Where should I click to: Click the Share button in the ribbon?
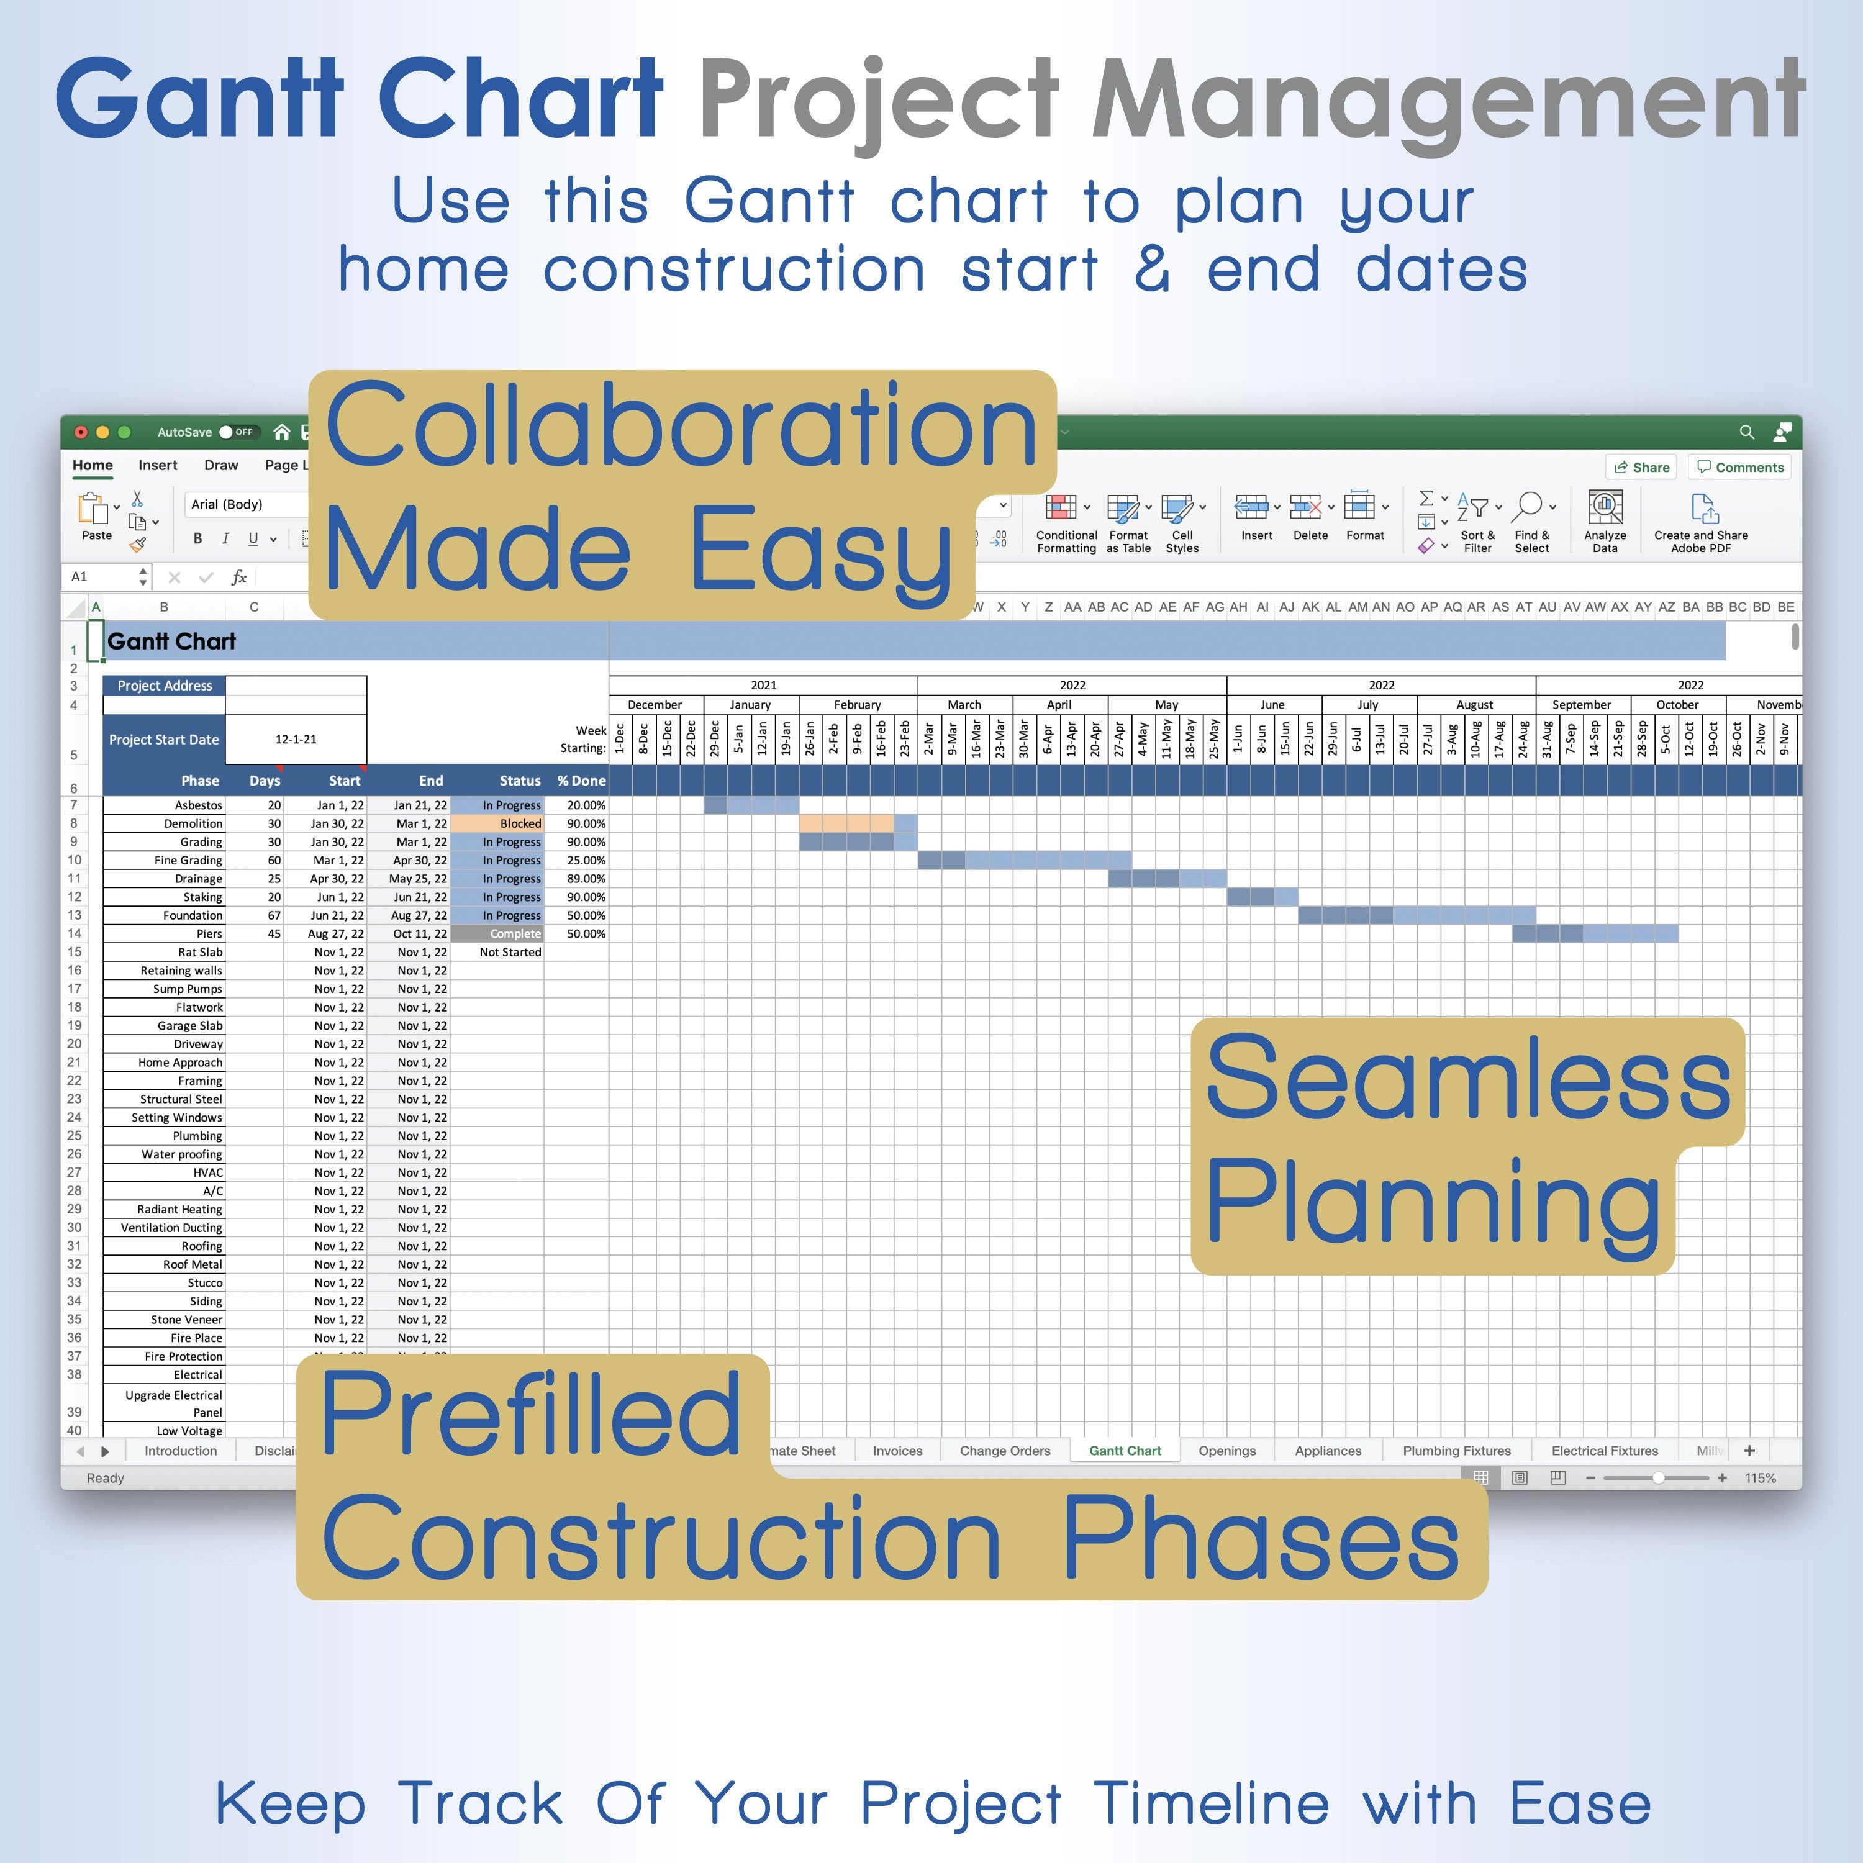[1641, 468]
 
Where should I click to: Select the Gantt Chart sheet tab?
[1125, 1450]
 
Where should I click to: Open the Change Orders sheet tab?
[1005, 1450]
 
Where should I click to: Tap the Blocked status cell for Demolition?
[497, 823]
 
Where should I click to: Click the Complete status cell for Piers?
[497, 933]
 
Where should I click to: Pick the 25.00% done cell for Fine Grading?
[577, 860]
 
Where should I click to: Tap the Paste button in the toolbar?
[96, 516]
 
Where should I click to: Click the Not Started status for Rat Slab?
[509, 952]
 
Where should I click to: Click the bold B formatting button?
[197, 539]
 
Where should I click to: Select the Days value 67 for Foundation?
[274, 915]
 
